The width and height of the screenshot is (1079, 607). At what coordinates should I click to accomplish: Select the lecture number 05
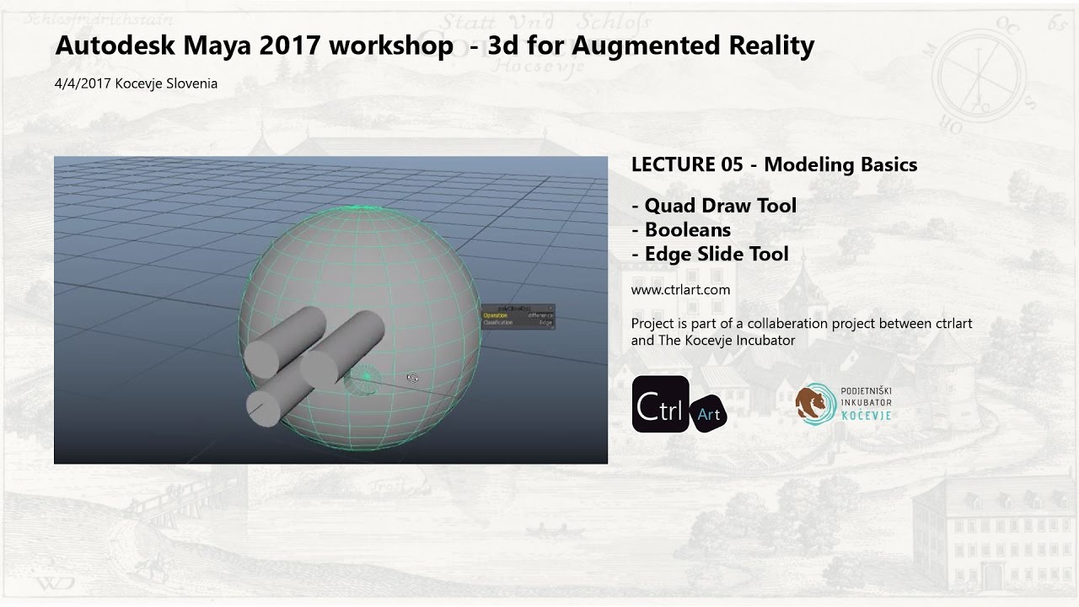[x=733, y=164]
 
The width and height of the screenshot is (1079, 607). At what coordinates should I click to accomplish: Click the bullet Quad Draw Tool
[x=720, y=206]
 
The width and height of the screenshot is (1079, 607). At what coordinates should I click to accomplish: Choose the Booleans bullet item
[x=687, y=229]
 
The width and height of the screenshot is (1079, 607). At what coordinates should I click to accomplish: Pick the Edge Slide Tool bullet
[x=717, y=254]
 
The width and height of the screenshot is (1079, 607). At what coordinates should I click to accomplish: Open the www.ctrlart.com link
[x=680, y=290]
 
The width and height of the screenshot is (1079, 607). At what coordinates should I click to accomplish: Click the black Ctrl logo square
[x=660, y=404]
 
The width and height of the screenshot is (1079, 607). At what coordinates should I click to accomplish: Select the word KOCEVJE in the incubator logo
[x=866, y=416]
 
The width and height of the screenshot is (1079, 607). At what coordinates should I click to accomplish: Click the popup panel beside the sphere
[x=518, y=316]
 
